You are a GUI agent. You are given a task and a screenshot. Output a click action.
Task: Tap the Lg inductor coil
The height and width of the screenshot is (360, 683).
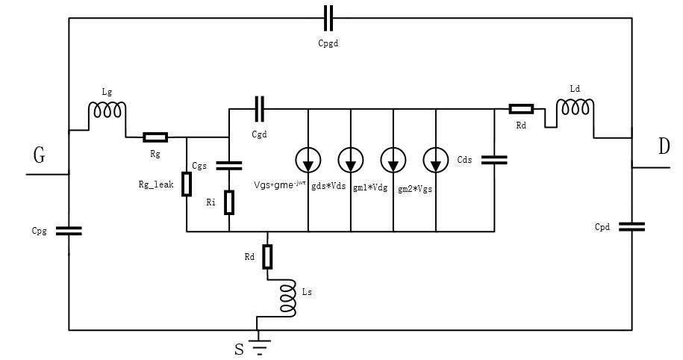(x=107, y=111)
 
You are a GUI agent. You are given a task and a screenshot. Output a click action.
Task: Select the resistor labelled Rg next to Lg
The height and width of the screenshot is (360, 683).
(x=155, y=137)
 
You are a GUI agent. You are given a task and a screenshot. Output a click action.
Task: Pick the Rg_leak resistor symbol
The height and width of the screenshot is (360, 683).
(x=187, y=184)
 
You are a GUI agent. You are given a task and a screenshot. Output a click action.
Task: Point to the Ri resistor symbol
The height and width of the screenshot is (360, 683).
(x=229, y=202)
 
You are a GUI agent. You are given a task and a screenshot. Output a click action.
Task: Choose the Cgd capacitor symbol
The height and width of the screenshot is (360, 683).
(x=259, y=108)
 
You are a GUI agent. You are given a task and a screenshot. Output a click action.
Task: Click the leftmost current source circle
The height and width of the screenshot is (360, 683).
(x=308, y=159)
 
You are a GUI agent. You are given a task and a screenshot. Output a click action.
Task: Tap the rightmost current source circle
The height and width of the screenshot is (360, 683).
(x=436, y=159)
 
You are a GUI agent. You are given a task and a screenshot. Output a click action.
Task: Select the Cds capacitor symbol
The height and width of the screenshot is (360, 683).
(x=494, y=159)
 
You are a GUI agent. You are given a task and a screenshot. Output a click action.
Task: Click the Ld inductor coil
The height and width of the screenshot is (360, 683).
(x=576, y=108)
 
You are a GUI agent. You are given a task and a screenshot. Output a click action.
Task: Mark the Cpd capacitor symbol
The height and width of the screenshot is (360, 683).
(x=631, y=226)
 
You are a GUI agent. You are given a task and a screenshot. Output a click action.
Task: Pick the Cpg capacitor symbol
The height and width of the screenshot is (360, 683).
(x=69, y=231)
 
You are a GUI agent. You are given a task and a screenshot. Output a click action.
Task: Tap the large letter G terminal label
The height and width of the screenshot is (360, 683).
(x=39, y=155)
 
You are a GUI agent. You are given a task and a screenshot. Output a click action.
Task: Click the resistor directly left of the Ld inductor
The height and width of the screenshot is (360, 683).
(x=521, y=108)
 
